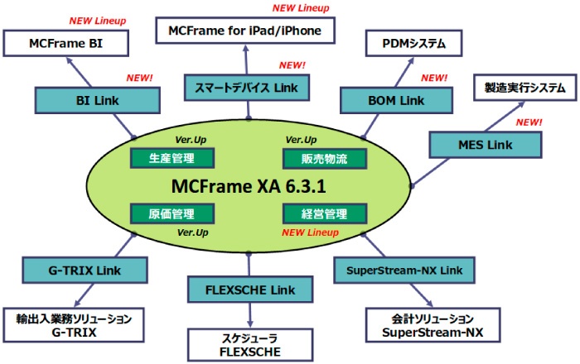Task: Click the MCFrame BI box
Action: (x=66, y=42)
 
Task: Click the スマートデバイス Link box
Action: (x=240, y=86)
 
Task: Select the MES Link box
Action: (x=484, y=146)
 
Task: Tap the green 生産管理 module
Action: (x=173, y=157)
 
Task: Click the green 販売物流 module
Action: (x=314, y=157)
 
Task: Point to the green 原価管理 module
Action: (x=173, y=213)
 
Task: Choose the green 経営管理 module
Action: (x=314, y=213)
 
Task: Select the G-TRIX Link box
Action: (x=85, y=270)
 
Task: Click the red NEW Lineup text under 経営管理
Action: (x=310, y=232)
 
